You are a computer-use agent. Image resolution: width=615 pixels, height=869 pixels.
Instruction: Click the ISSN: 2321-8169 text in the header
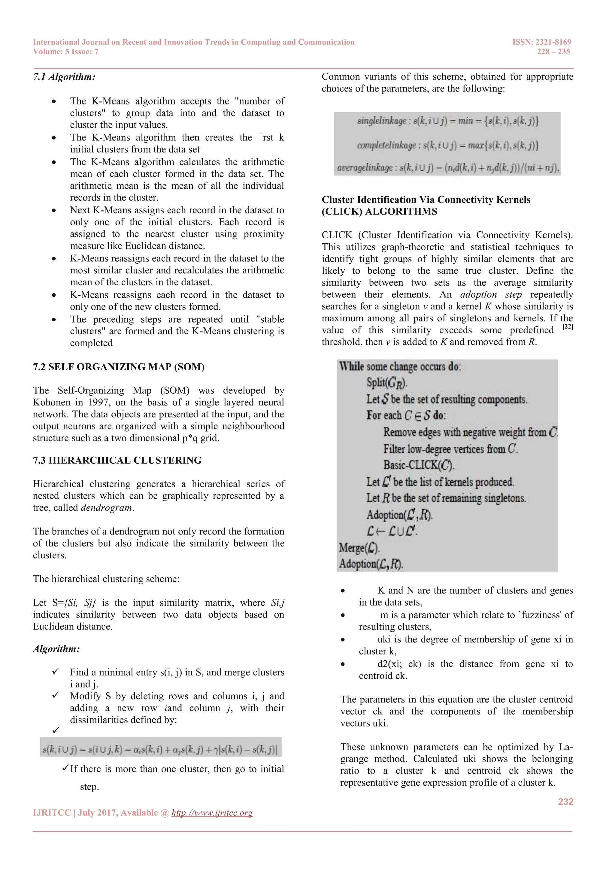(x=541, y=42)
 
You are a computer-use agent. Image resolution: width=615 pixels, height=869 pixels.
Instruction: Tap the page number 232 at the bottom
(x=565, y=801)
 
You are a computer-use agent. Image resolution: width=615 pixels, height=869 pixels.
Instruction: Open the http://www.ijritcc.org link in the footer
(x=212, y=813)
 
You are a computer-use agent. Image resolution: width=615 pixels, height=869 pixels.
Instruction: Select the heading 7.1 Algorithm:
(x=64, y=77)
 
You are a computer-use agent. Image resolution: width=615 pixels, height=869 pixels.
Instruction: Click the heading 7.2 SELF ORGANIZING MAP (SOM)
(x=119, y=367)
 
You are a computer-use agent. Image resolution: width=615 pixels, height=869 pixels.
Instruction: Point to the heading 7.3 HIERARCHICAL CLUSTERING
(x=117, y=460)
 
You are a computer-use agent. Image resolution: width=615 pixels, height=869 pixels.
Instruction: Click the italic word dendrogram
(x=106, y=507)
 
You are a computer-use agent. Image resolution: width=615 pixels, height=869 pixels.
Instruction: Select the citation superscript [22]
(x=567, y=327)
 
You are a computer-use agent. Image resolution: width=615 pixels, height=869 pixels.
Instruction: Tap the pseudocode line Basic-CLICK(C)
(x=418, y=465)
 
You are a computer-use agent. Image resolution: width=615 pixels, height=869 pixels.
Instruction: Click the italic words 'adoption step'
(x=491, y=294)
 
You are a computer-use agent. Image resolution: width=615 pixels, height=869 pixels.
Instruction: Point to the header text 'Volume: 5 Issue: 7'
(x=65, y=52)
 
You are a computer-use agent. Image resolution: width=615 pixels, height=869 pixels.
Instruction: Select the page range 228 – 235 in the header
(x=553, y=52)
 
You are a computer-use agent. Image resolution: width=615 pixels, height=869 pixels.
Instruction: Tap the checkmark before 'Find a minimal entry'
(x=56, y=672)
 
